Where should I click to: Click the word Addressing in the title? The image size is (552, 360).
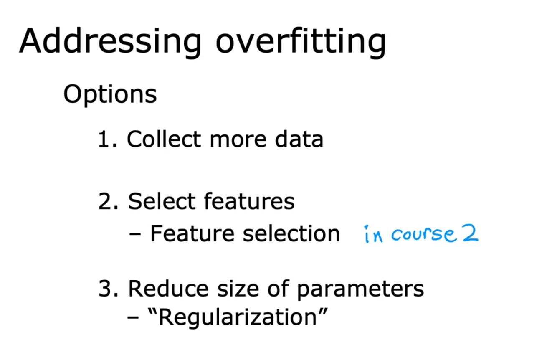(x=110, y=42)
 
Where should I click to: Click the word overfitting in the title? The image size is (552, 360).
(x=301, y=42)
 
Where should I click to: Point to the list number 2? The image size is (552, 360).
(x=108, y=202)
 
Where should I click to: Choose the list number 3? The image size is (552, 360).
(x=108, y=288)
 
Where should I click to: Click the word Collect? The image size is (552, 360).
(x=164, y=139)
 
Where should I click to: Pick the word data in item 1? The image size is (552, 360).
(x=299, y=139)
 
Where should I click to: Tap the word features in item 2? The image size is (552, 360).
(x=249, y=201)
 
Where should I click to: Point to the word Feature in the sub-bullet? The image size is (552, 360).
(x=192, y=233)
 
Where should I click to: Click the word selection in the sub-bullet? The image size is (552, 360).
(x=291, y=233)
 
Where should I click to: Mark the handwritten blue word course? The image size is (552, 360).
(x=423, y=234)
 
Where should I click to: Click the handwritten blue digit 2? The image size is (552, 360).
(x=470, y=233)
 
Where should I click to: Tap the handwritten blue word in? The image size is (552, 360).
(x=374, y=234)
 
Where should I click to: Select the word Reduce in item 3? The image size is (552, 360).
(x=168, y=288)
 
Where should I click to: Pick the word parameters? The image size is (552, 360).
(x=360, y=290)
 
